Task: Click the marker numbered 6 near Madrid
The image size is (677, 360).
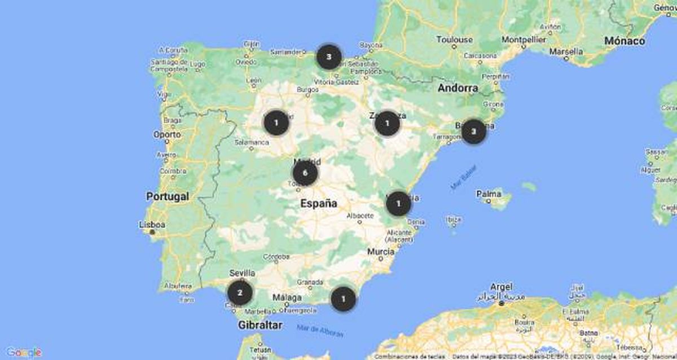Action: point(305,173)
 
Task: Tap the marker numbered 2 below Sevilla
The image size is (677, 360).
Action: point(240,293)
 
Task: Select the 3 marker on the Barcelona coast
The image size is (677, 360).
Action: point(473,131)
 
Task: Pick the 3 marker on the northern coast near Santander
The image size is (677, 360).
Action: point(329,56)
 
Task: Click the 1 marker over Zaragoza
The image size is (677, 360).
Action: point(387,123)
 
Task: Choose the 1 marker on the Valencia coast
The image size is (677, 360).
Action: point(398,204)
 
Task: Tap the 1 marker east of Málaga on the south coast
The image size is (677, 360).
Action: point(343,298)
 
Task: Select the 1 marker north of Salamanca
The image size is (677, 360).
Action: point(276,122)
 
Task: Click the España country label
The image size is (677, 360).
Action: point(318,203)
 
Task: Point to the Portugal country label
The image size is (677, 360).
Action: point(167,196)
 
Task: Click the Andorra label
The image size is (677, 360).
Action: point(458,88)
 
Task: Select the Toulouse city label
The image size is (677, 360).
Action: point(454,40)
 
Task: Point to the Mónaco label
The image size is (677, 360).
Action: point(624,41)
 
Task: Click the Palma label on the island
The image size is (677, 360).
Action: point(489,194)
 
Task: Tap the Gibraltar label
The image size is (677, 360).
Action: point(260,325)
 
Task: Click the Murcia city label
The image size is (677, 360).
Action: point(381,252)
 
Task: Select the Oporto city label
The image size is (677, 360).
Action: point(167,135)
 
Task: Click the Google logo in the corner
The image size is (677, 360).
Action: point(24,352)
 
